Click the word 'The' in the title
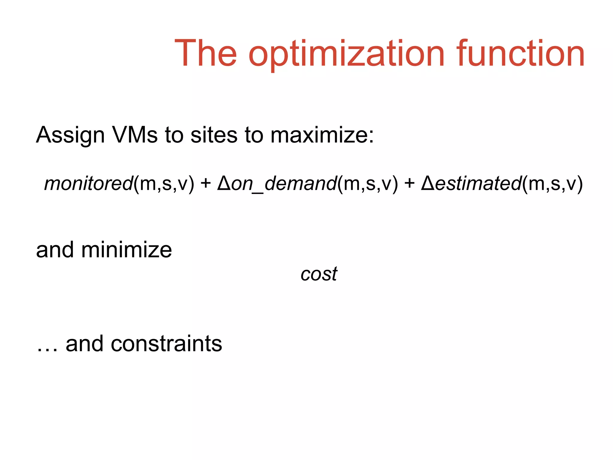[206, 54]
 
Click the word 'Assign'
[70, 135]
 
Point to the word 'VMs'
[135, 135]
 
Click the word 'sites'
[214, 135]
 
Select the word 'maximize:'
[322, 135]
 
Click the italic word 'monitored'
[88, 183]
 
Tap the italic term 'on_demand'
[284, 183]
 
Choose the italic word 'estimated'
[478, 183]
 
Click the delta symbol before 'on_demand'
[224, 183]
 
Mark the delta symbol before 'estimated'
[427, 183]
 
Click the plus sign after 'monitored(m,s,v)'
[206, 183]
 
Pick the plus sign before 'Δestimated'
[409, 183]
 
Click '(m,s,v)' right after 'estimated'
[552, 183]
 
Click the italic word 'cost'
[319, 274]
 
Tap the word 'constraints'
[166, 344]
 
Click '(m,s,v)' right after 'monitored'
[164, 183]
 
